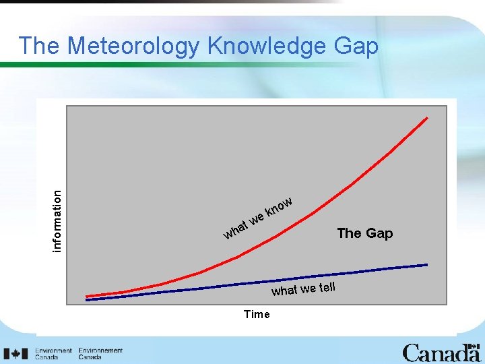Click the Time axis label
tap(257, 314)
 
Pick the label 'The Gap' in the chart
tap(364, 233)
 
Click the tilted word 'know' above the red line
tap(278, 206)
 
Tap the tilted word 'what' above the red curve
tap(235, 229)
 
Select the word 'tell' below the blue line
tap(327, 287)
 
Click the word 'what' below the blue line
tap(284, 291)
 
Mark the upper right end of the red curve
tap(426, 118)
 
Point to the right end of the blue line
tap(426, 264)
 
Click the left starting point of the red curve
tap(87, 297)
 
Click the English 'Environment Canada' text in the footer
tap(54, 354)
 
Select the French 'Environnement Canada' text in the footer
tap(100, 354)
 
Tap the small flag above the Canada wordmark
tap(475, 345)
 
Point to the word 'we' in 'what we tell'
tap(309, 289)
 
